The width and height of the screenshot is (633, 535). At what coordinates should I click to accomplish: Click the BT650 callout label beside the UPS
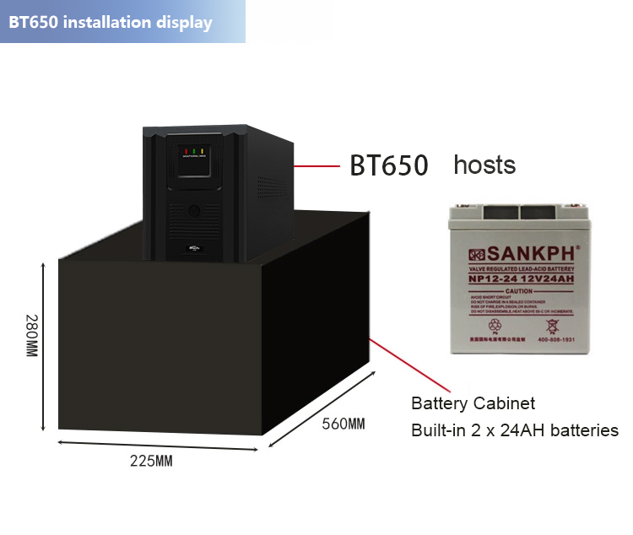(389, 165)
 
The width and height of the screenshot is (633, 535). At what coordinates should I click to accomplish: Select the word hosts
(484, 164)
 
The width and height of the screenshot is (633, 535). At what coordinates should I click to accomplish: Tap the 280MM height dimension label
(31, 335)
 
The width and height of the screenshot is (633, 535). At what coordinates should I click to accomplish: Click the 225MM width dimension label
(151, 461)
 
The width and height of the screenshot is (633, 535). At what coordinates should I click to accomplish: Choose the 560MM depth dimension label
(344, 423)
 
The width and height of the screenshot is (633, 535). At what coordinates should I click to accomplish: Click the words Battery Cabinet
(473, 403)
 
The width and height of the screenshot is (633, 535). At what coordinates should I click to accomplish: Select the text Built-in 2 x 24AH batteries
(514, 430)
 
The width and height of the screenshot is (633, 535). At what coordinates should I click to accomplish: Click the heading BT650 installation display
(111, 22)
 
